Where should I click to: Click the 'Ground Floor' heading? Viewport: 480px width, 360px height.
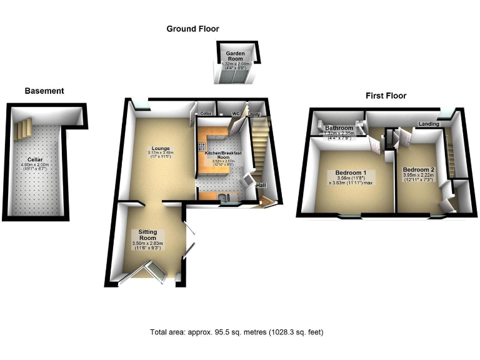192,29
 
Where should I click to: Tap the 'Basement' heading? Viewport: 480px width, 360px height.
44,91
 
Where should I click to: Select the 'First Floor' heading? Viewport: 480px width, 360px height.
386,96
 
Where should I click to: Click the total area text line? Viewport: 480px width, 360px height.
237,332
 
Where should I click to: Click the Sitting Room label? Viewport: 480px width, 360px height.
147,234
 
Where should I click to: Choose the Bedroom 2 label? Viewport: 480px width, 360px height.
419,170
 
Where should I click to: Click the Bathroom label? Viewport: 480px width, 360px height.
339,128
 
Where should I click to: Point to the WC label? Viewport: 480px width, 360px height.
236,114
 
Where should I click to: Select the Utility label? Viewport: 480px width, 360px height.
255,114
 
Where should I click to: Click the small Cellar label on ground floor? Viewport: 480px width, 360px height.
206,114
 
